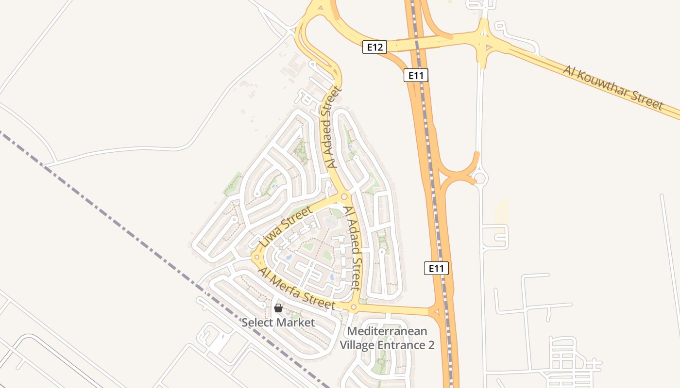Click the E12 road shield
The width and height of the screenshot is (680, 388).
tap(375, 47)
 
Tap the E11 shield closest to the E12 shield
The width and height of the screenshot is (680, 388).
tap(416, 75)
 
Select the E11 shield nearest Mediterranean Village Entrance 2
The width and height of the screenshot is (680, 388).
tap(436, 268)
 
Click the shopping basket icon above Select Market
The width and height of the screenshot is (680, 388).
tap(278, 308)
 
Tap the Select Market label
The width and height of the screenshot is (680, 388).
tap(278, 322)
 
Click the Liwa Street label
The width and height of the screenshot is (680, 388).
tap(285, 226)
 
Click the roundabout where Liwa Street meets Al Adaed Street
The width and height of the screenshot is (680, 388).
tap(344, 196)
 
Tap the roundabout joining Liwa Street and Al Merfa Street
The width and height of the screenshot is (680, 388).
tap(256, 257)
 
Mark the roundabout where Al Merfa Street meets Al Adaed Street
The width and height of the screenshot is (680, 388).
tap(353, 307)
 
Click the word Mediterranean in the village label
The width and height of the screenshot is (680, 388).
tap(388, 331)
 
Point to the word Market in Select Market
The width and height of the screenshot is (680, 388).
tap(296, 322)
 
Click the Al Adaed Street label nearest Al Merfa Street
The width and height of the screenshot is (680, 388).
tap(353, 247)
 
